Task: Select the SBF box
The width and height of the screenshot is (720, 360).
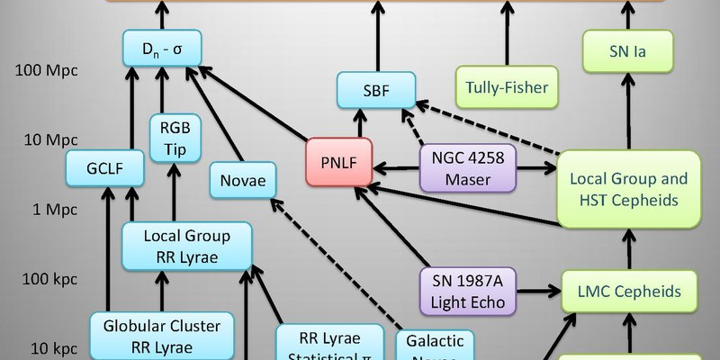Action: coord(377,89)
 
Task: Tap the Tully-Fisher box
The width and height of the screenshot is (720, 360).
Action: coord(507,88)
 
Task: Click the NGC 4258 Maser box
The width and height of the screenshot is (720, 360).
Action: coord(467,167)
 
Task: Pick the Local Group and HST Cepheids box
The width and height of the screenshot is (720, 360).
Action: coord(628,188)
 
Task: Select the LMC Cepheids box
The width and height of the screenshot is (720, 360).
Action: coord(628,291)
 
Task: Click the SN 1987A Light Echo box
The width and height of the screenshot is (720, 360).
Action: coord(467,290)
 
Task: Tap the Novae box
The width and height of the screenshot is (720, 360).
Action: coord(243,180)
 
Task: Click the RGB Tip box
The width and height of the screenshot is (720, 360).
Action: coord(175,138)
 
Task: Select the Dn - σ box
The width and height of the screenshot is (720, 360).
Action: coord(163,48)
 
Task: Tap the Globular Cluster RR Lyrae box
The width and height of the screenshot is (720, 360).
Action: coord(162,335)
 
